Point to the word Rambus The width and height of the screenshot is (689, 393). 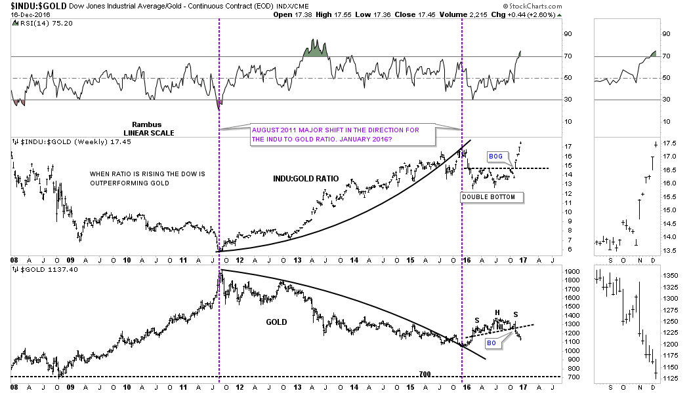click(147, 124)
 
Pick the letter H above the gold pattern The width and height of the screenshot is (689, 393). click(497, 312)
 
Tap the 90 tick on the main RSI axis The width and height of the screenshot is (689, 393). click(571, 34)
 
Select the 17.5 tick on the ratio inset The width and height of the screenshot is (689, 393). click(669, 143)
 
